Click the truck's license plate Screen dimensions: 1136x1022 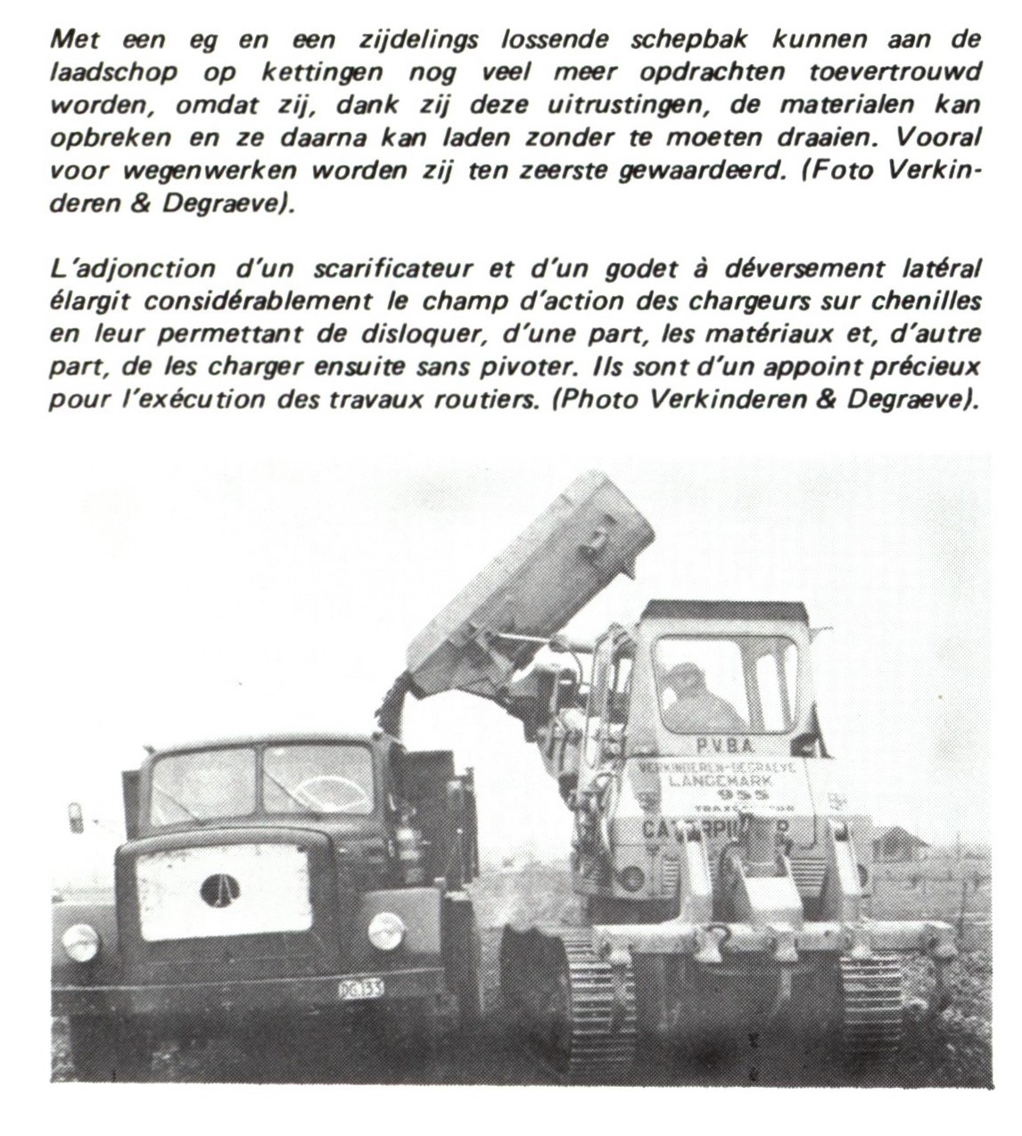tap(360, 988)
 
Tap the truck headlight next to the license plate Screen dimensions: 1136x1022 tap(386, 931)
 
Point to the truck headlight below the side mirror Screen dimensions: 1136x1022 tap(79, 942)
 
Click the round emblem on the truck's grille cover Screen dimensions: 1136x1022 tap(219, 889)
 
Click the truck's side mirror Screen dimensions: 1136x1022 tap(76, 817)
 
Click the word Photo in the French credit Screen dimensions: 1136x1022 tap(599, 399)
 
